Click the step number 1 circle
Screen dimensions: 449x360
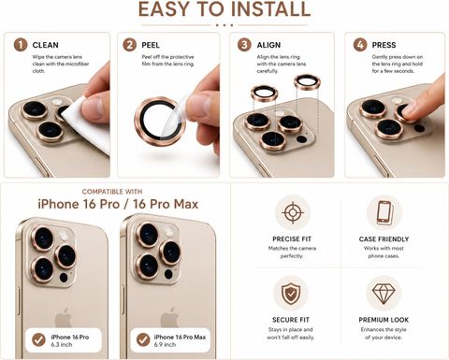click(x=21, y=45)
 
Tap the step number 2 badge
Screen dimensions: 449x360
click(x=129, y=45)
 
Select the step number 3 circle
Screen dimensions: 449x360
click(x=244, y=45)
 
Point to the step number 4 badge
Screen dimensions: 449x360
click(x=360, y=45)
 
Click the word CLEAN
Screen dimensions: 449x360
click(x=46, y=45)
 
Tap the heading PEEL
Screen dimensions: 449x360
click(x=151, y=45)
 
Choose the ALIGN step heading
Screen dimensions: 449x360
click(x=268, y=45)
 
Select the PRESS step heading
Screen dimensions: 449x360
click(x=384, y=45)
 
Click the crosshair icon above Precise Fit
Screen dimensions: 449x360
click(x=293, y=212)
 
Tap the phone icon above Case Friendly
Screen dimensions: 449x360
click(x=384, y=212)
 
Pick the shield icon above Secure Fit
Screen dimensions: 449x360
click(x=291, y=294)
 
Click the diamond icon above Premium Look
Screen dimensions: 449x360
click(x=384, y=294)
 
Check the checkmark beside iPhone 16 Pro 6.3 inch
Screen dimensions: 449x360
click(x=39, y=340)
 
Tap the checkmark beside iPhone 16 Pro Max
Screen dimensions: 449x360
click(x=143, y=340)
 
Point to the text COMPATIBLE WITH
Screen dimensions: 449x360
click(x=112, y=192)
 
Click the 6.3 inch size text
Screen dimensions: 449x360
click(x=62, y=345)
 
